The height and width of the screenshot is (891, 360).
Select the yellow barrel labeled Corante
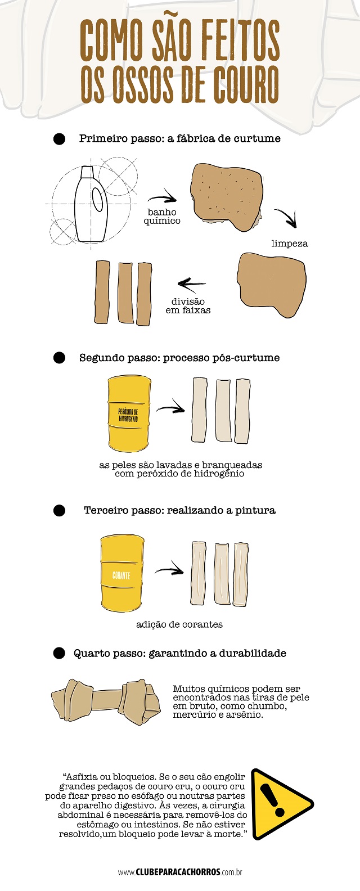pos(122,573)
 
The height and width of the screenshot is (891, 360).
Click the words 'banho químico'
pos(162,217)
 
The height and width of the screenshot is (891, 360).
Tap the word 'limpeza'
pos(290,244)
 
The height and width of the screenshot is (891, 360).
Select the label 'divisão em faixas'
pos(188,306)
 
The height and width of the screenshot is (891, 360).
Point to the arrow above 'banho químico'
pos(162,199)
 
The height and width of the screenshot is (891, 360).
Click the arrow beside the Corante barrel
pos(169,571)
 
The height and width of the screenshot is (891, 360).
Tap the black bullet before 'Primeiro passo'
pos(59,139)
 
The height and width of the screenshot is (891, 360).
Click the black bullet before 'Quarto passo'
pos(59,653)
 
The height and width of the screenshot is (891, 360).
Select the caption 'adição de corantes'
pos(179,624)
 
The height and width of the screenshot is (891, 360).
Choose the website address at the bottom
pos(180,872)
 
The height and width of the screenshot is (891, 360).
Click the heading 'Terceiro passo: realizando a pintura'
pos(179,510)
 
